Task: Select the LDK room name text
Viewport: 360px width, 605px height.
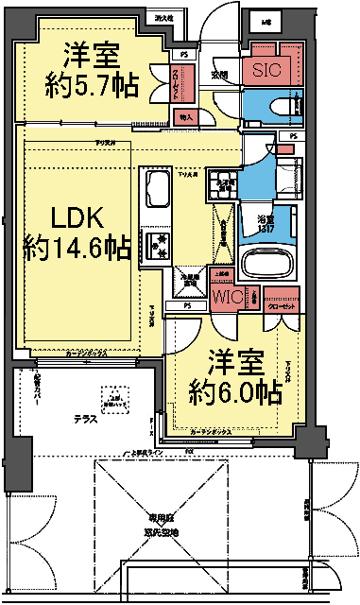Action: click(x=76, y=217)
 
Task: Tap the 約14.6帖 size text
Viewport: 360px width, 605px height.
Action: click(x=77, y=250)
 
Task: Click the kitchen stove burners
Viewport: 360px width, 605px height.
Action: click(x=155, y=246)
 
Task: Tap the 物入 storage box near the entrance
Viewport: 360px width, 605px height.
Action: click(x=185, y=117)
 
